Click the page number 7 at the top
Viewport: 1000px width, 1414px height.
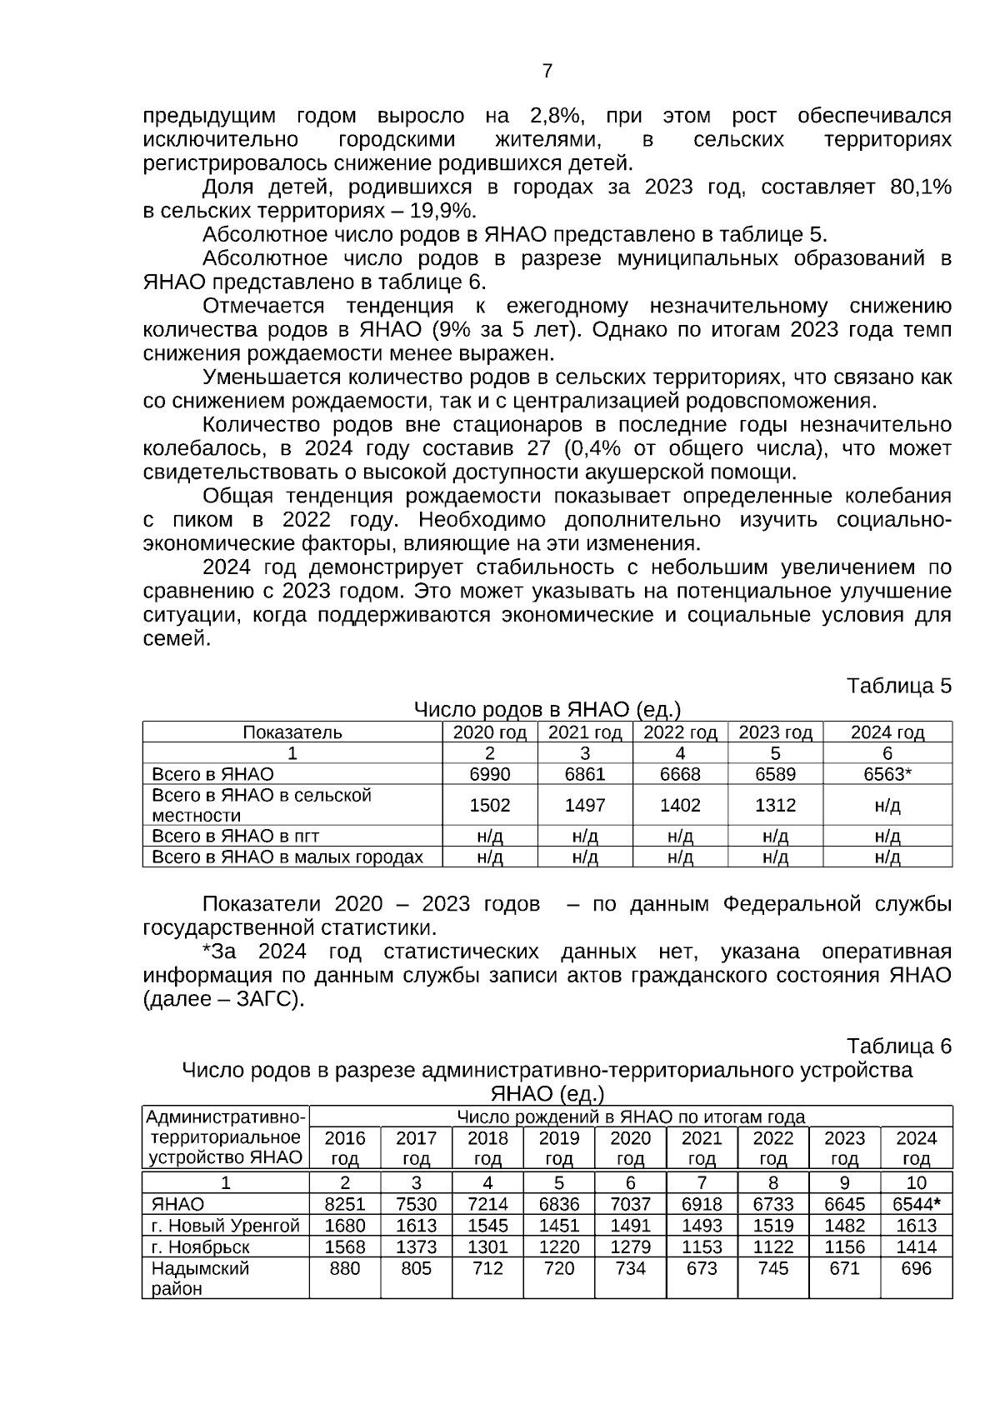point(547,71)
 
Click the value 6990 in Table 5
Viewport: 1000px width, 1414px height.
point(489,774)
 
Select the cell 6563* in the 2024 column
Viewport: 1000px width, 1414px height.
point(887,774)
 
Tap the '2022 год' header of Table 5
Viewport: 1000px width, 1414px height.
point(680,732)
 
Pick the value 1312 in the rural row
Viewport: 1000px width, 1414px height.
point(775,805)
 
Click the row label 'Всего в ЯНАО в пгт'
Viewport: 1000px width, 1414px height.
point(236,836)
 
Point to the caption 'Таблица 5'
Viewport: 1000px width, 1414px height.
point(898,686)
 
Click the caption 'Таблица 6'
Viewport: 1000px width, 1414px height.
point(898,1046)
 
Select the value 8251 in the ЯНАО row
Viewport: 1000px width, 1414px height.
point(344,1204)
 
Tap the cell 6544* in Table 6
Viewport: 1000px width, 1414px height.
point(916,1204)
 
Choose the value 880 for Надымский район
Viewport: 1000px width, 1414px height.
point(344,1268)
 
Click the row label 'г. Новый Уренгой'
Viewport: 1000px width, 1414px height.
point(225,1226)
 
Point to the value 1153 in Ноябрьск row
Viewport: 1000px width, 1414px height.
point(702,1247)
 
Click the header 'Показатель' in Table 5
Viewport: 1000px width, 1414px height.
point(292,732)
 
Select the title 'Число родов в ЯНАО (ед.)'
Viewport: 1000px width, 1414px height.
point(547,710)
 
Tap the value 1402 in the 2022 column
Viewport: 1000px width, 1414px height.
point(680,805)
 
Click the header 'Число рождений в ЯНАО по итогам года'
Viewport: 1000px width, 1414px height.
point(630,1117)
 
